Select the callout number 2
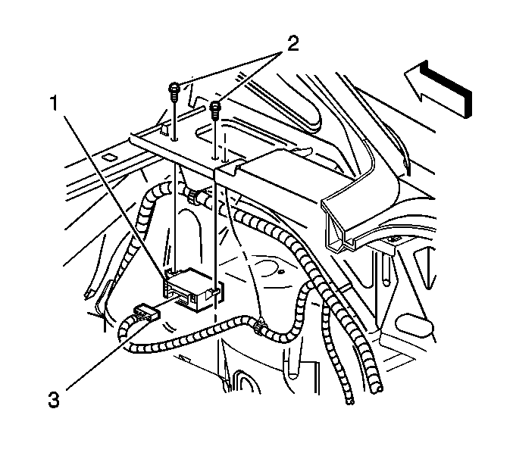(x=292, y=44)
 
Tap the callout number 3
(x=54, y=400)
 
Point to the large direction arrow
(x=439, y=89)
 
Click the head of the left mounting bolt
(x=174, y=88)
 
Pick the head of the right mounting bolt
(x=215, y=105)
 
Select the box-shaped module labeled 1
(x=192, y=288)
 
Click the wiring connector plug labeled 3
(x=145, y=314)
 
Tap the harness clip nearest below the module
(x=260, y=325)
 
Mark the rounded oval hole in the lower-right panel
(x=414, y=326)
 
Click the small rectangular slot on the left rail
(x=110, y=158)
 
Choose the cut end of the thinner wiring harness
(x=350, y=401)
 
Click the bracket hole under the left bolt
(x=174, y=140)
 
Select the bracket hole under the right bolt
(x=215, y=158)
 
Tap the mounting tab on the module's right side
(x=214, y=292)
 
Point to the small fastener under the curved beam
(x=393, y=240)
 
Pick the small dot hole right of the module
(x=280, y=271)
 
